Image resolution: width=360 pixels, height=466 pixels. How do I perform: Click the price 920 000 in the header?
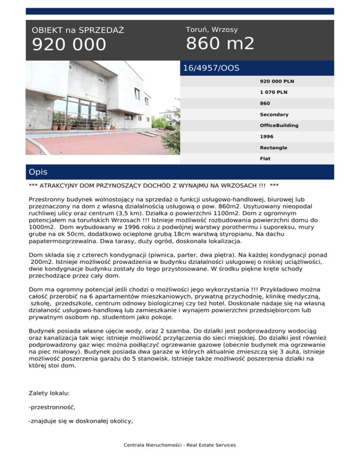click(69, 45)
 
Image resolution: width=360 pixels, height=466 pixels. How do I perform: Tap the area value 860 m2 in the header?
click(220, 44)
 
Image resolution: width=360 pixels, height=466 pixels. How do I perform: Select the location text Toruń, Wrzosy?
click(211, 30)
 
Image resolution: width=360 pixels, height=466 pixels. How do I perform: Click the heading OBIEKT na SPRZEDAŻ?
click(78, 30)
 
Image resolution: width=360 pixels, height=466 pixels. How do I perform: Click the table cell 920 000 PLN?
click(275, 81)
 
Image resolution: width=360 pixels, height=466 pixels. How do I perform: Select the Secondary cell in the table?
click(274, 114)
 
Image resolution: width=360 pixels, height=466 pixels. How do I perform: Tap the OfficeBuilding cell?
click(279, 126)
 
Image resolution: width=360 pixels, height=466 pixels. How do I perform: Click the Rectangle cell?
click(274, 148)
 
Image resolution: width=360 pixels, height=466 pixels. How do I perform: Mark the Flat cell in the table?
click(265, 159)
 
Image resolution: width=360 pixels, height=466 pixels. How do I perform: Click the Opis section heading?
click(38, 172)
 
